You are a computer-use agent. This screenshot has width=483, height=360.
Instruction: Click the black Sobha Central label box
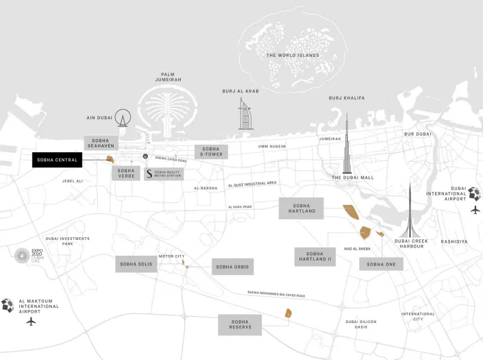[57, 160]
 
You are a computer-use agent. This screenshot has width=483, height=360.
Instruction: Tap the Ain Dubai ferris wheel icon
[123, 118]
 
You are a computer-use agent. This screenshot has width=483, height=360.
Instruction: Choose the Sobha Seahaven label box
[101, 143]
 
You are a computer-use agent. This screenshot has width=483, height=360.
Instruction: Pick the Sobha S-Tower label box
[210, 152]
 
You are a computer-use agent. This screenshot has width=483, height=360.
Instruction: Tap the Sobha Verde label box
[126, 173]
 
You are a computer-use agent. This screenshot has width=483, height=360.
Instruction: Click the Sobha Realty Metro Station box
[164, 173]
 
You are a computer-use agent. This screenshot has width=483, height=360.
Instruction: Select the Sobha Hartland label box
[301, 208]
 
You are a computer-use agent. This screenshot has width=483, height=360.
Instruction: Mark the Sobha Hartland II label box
[314, 256]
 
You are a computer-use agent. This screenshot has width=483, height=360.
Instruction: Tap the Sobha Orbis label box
[232, 267]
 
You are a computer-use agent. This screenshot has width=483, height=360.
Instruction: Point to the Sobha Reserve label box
[240, 324]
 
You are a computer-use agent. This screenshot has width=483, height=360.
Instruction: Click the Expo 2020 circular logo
[23, 256]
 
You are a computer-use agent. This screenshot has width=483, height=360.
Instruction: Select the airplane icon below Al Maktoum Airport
[30, 321]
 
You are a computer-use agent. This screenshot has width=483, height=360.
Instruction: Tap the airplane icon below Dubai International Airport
[475, 210]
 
